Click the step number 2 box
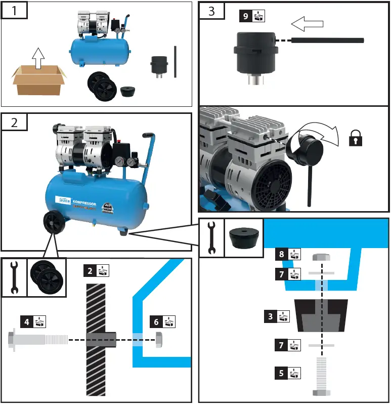pos(14,122)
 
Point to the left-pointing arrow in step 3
pos(308,23)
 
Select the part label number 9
pos(246,16)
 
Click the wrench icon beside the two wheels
pos(14,277)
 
